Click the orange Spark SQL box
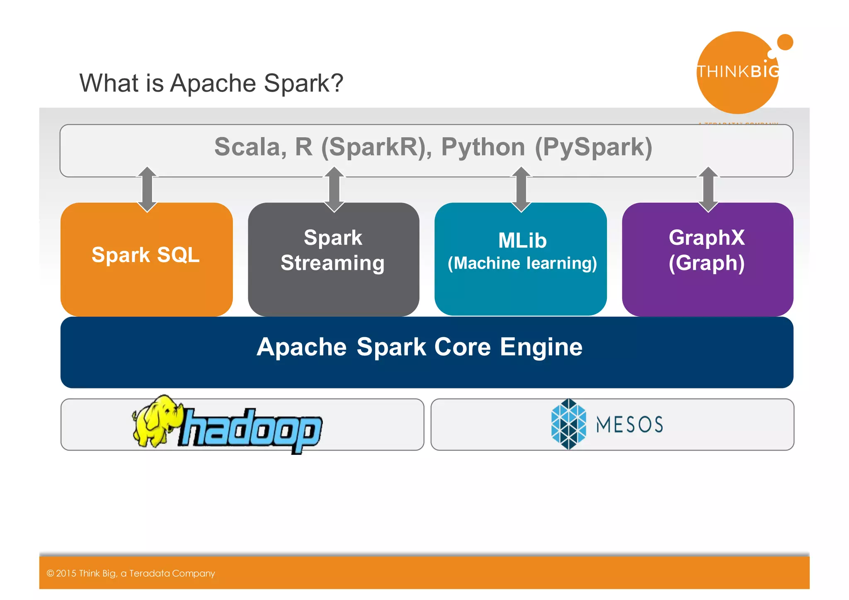[146, 259]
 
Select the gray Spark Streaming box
[333, 259]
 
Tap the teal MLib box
[521, 259]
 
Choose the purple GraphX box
[707, 259]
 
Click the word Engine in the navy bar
[541, 347]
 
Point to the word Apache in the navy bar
[301, 347]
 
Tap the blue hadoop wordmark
[251, 429]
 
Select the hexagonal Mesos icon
[568, 424]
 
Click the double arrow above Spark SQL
[147, 189]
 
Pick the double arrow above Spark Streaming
[334, 189]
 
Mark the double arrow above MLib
[521, 189]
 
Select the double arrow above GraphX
[708, 189]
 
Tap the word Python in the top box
[483, 147]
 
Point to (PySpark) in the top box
[594, 147]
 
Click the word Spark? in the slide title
[303, 83]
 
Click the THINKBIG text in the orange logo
[738, 72]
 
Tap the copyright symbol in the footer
[50, 573]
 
